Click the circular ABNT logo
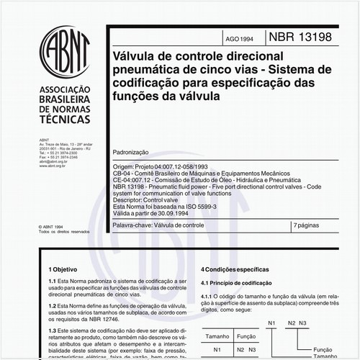66,50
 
